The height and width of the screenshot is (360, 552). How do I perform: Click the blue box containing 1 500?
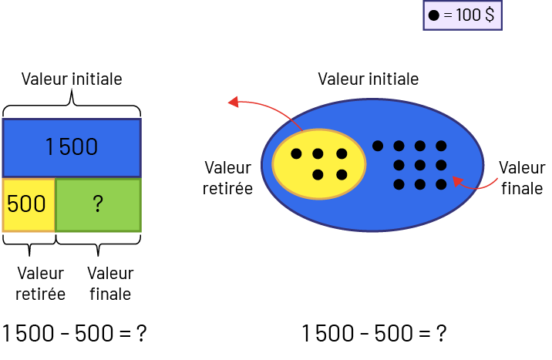[72, 147]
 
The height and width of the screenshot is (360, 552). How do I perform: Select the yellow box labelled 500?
[29, 204]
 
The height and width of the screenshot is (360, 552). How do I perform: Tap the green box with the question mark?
[99, 204]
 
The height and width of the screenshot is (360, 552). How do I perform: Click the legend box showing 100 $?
[463, 15]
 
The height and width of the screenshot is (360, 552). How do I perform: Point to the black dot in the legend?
[433, 15]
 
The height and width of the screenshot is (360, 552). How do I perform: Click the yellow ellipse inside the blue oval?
[318, 164]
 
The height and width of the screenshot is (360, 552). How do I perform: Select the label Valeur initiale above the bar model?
[72, 79]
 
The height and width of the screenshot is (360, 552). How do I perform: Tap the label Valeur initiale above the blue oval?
[369, 79]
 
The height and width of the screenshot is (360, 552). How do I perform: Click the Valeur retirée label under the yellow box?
[40, 284]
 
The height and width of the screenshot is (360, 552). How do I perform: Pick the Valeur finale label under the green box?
[110, 284]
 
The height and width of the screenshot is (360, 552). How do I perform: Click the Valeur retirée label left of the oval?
[228, 177]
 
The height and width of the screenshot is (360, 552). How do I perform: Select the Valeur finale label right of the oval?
[521, 177]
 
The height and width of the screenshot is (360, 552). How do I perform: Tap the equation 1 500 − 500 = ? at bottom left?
[74, 334]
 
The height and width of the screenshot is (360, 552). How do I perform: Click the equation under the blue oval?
[374, 334]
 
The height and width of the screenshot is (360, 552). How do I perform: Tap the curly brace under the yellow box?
[29, 244]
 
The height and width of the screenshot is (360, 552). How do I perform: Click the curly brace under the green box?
[99, 244]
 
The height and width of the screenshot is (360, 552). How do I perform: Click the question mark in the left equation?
[141, 334]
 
